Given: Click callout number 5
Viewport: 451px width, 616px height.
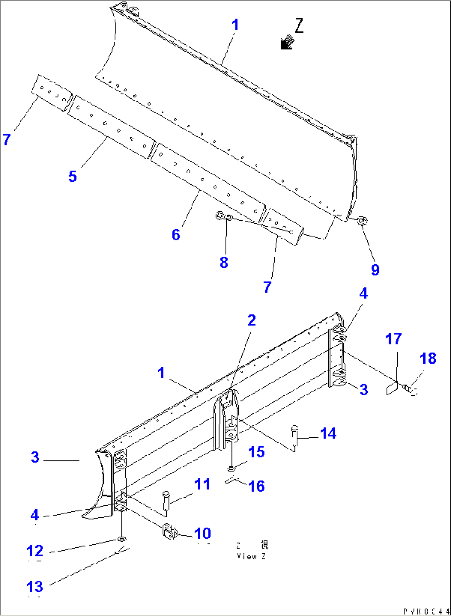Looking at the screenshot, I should [72, 177].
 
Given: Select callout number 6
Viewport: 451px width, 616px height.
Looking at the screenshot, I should [176, 235].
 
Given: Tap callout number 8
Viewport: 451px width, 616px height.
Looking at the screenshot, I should [224, 262].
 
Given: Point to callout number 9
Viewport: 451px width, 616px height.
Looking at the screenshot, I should [375, 270].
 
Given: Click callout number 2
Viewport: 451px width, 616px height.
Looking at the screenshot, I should [252, 320].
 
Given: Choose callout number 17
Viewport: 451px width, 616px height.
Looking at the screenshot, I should [393, 339].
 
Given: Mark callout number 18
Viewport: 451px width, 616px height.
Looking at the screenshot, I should [428, 358].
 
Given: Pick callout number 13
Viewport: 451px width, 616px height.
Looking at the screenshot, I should [35, 586].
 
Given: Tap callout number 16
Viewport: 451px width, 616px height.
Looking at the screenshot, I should [257, 486].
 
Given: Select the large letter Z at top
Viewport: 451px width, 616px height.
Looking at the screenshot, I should [299, 26].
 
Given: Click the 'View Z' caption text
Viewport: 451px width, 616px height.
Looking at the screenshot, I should [252, 556].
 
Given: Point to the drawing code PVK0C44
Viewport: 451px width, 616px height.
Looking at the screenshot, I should [426, 611].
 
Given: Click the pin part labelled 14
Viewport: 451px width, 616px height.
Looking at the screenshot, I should [295, 437].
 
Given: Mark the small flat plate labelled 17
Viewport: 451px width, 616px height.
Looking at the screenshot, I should [392, 389].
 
